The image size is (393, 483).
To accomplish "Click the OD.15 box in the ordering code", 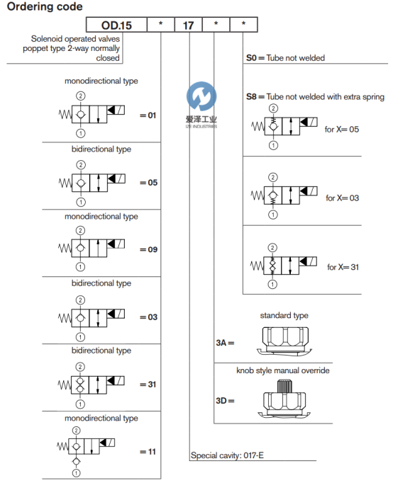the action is click(116, 25).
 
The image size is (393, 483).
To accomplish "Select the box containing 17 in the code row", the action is click(188, 25).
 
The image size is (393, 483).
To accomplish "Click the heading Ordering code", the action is click(45, 6).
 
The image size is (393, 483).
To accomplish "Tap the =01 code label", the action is click(148, 115).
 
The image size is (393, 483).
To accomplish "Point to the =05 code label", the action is click(148, 183).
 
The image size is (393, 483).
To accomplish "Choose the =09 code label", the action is click(148, 249).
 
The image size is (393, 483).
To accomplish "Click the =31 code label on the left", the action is click(148, 385).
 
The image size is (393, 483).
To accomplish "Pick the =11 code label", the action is click(148, 452).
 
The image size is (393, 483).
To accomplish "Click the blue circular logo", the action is click(201, 96).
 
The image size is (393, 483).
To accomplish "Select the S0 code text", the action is click(251, 58).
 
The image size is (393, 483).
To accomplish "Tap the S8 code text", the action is click(251, 97).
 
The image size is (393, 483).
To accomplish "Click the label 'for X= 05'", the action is click(341, 130).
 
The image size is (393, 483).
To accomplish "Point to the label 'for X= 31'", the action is click(343, 267).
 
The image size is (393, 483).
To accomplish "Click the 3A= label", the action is click(225, 343).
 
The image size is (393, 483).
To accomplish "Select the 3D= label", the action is click(225, 401).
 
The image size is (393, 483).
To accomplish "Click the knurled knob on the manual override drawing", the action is click(284, 387).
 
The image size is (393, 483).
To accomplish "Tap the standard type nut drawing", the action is click(284, 341).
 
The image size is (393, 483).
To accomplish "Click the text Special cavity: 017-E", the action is click(227, 455).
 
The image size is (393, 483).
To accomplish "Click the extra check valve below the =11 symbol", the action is click(76, 461).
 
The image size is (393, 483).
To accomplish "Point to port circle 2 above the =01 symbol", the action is click(80, 96).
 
